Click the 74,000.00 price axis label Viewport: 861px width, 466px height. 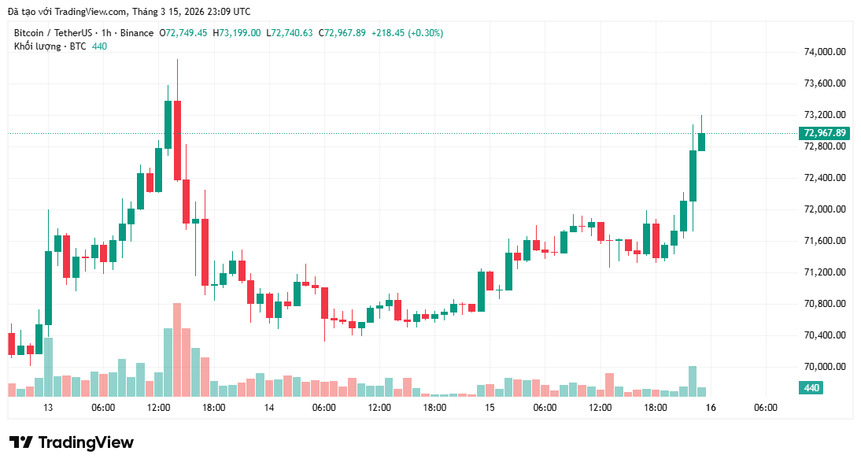(824, 52)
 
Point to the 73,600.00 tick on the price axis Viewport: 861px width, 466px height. (824, 83)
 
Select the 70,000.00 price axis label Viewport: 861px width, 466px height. (824, 367)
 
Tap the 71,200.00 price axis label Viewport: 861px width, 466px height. (824, 272)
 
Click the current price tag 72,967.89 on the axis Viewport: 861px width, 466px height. (824, 133)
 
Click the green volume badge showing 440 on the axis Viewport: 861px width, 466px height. (811, 388)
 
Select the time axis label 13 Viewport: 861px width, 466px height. (48, 408)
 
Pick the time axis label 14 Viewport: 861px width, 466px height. (269, 408)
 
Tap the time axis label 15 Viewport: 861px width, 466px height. (490, 408)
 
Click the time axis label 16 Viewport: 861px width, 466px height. (711, 408)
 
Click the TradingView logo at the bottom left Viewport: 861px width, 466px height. (72, 442)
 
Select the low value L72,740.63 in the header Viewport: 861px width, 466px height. (290, 33)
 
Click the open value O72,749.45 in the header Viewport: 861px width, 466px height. (183, 33)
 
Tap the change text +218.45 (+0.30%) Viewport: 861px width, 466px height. (406, 33)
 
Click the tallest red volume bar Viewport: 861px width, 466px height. (177, 349)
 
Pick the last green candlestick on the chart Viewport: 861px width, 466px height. (701, 141)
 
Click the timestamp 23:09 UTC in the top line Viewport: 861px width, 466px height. (226, 11)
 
